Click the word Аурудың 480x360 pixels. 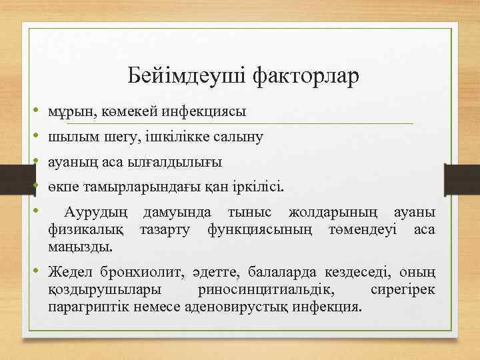(96, 213)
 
